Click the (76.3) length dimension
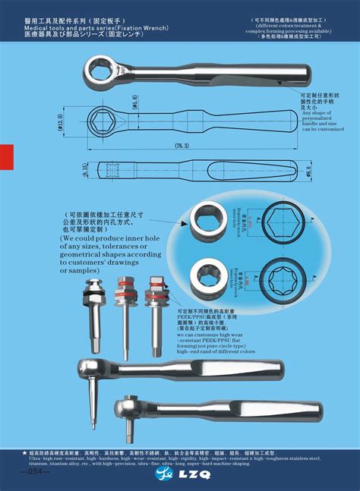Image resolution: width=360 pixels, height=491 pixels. point(181,146)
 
